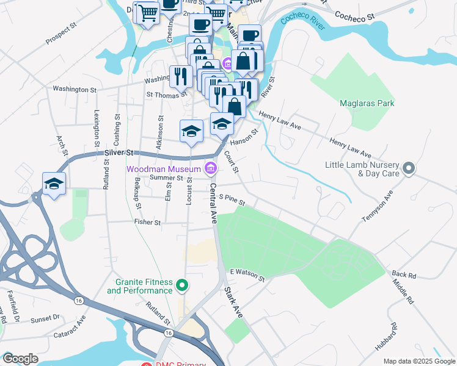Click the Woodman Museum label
click(x=164, y=168)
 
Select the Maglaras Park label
click(x=367, y=103)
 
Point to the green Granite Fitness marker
click(x=181, y=285)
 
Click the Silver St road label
click(x=119, y=152)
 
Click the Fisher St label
click(x=148, y=223)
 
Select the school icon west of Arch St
click(x=54, y=184)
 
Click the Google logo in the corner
click(x=20, y=359)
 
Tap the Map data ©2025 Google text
click(x=419, y=361)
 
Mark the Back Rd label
click(x=404, y=276)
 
